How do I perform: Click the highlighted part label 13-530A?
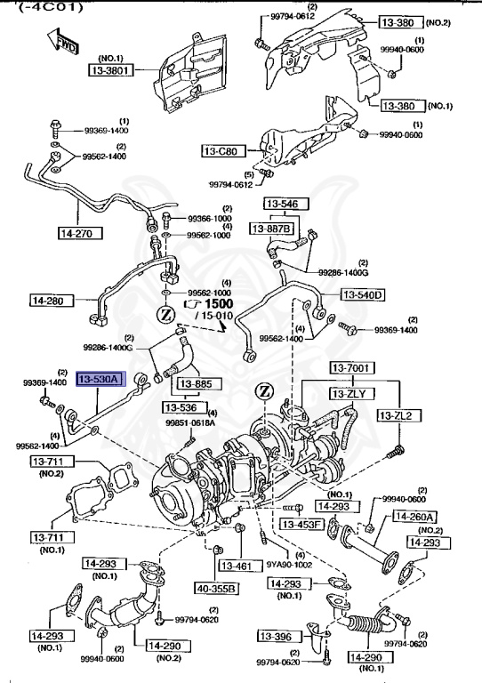(x=99, y=380)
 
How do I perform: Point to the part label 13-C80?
(x=219, y=151)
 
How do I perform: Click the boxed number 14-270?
(x=79, y=234)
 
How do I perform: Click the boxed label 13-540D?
(x=362, y=294)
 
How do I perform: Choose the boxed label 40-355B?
(x=217, y=588)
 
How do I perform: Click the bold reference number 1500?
(x=218, y=303)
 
